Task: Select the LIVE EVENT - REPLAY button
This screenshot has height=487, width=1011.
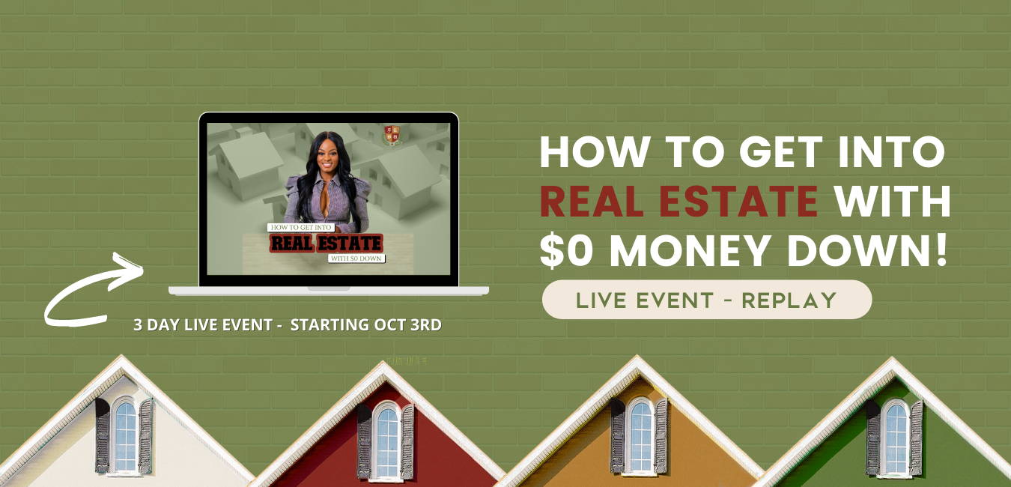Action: click(707, 300)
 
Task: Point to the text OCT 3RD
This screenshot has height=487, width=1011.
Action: click(407, 325)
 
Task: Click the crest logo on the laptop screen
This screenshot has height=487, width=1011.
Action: click(392, 136)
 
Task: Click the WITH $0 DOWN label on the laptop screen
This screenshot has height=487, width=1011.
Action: click(356, 258)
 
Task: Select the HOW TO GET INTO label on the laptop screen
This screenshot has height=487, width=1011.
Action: click(301, 228)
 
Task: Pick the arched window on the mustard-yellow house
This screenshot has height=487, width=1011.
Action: click(640, 436)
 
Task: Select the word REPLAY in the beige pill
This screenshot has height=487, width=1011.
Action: click(789, 300)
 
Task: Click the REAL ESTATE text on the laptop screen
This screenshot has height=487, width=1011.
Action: click(327, 243)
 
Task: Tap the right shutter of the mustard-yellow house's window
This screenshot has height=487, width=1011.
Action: click(661, 436)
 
